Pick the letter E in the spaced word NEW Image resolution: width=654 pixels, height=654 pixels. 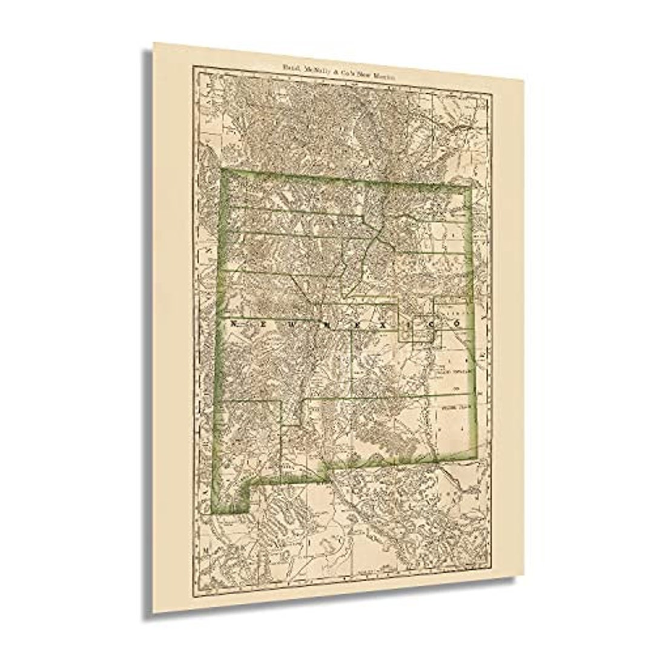coord(264,324)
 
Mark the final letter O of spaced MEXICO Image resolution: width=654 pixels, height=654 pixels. coord(457,324)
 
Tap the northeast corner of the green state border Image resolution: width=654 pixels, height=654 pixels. coord(471,188)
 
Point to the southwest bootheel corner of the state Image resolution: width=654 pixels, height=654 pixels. coord(214,512)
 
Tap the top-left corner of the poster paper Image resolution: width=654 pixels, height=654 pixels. coord(154,43)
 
